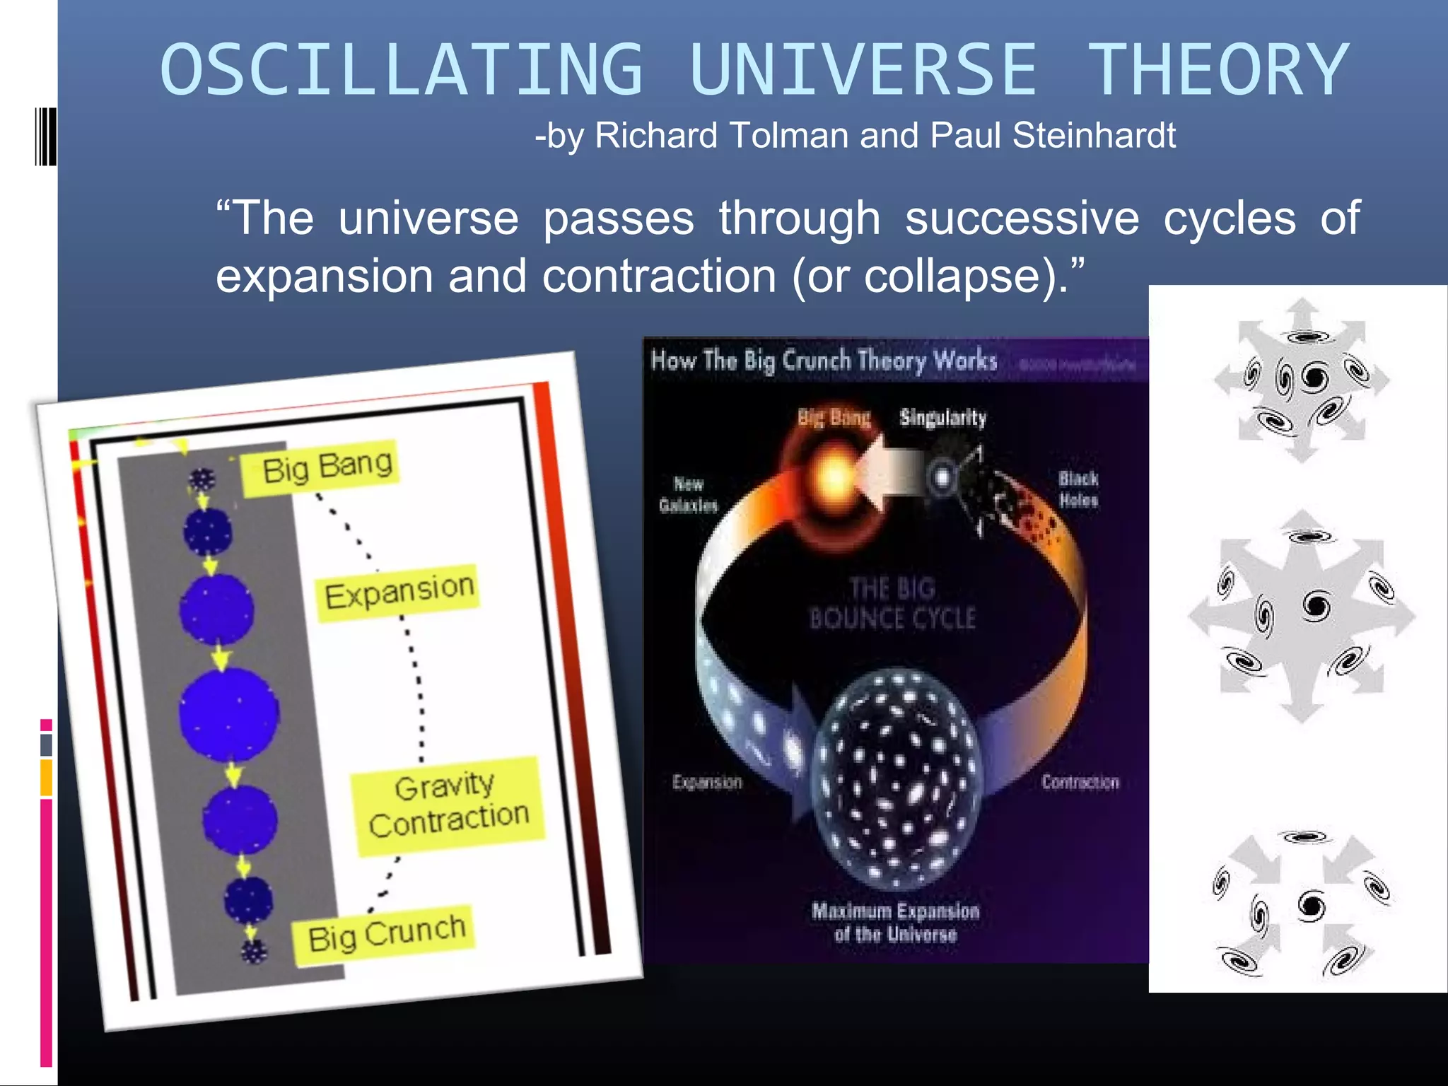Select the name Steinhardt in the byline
pos(1094,135)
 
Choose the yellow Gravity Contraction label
pos(448,805)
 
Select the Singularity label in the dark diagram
pos(942,418)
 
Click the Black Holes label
pos(1078,489)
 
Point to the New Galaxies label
pos(688,494)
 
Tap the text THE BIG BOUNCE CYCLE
pos(892,603)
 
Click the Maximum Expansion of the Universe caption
pos(895,922)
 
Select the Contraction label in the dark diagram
pos(1080,782)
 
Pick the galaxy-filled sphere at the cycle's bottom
pos(897,778)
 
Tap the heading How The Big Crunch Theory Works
pos(824,361)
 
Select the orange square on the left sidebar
pos(46,778)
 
